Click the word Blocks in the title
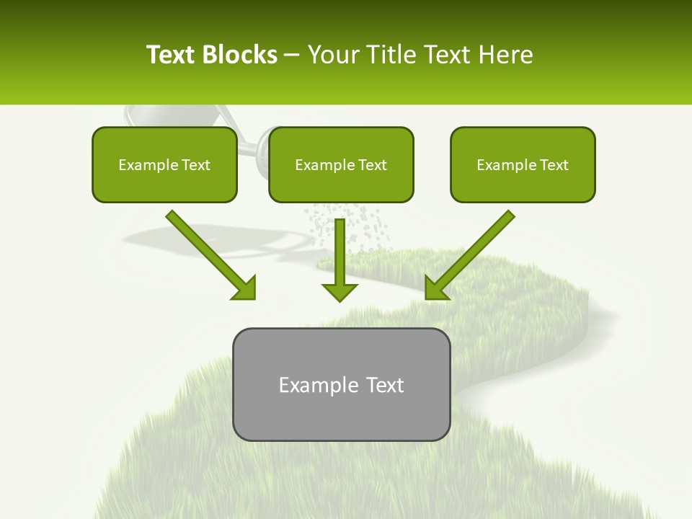(x=239, y=55)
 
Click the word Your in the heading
(x=332, y=55)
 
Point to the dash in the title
(x=292, y=56)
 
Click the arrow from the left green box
(x=209, y=252)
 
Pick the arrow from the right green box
(x=472, y=252)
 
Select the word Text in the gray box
(x=385, y=385)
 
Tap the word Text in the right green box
(x=554, y=165)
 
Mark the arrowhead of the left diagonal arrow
(x=245, y=288)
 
